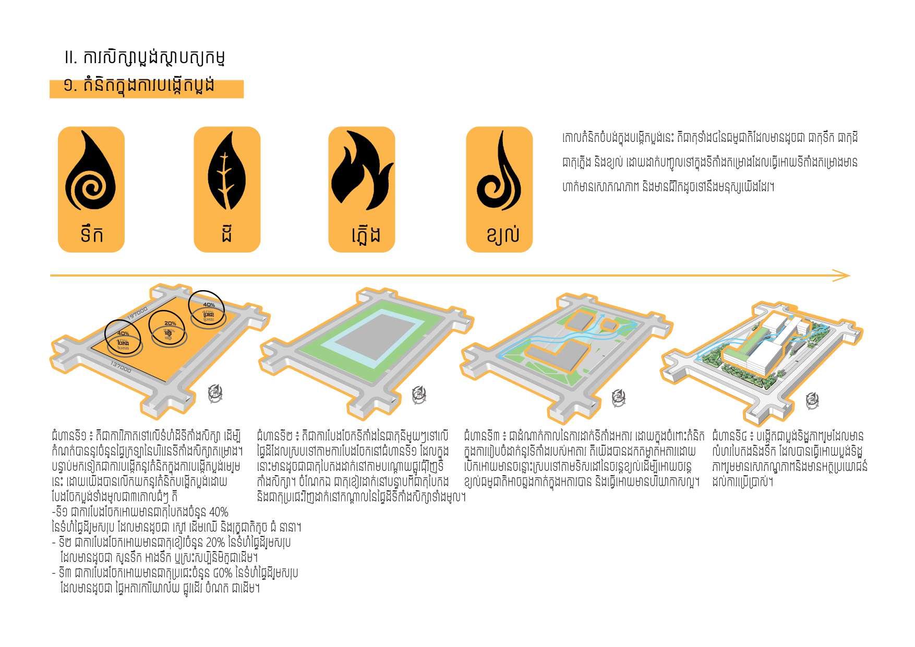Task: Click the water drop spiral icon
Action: click(x=91, y=173)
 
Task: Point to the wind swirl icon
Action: click(x=499, y=172)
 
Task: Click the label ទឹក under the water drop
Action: click(x=92, y=234)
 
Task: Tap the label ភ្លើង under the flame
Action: click(x=366, y=235)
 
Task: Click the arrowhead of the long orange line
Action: click(x=842, y=275)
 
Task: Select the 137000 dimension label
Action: click(x=121, y=367)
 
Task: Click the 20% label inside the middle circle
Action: click(x=170, y=323)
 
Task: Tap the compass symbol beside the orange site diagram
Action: click(x=215, y=393)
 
